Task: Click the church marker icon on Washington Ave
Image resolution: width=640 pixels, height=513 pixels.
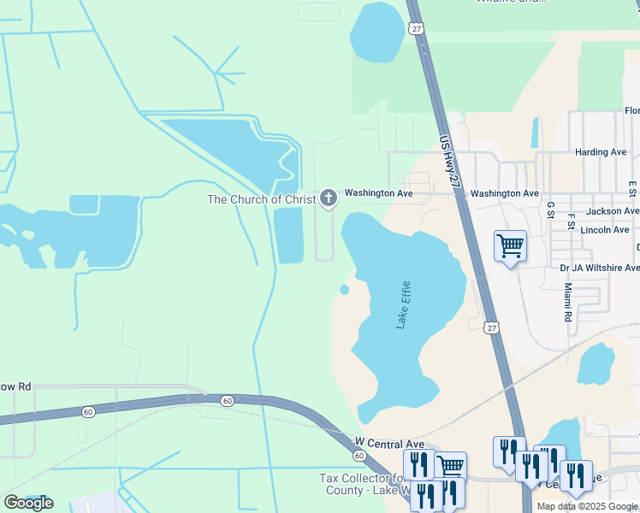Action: pyautogui.click(x=328, y=198)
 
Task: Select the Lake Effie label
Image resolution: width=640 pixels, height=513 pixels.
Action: pyautogui.click(x=403, y=305)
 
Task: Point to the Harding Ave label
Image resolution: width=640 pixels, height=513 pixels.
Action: pyautogui.click(x=601, y=152)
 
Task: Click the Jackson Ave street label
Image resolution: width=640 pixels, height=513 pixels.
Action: pyautogui.click(x=612, y=210)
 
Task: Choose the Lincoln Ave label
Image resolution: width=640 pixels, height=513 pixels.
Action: pyautogui.click(x=604, y=229)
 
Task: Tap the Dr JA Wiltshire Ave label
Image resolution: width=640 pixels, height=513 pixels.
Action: pyautogui.click(x=599, y=268)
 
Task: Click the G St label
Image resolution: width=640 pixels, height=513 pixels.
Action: pyautogui.click(x=550, y=210)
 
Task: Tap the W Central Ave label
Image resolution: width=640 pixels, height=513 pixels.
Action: pyautogui.click(x=389, y=444)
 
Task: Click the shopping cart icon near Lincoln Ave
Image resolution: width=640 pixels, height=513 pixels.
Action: pyautogui.click(x=510, y=246)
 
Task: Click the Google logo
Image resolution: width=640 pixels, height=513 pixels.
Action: pyautogui.click(x=28, y=503)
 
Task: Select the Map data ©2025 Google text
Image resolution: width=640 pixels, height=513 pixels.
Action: pyautogui.click(x=586, y=506)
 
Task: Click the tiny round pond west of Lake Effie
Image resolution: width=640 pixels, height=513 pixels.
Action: pyautogui.click(x=344, y=290)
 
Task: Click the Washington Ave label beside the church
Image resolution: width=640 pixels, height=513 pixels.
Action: pyautogui.click(x=379, y=194)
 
